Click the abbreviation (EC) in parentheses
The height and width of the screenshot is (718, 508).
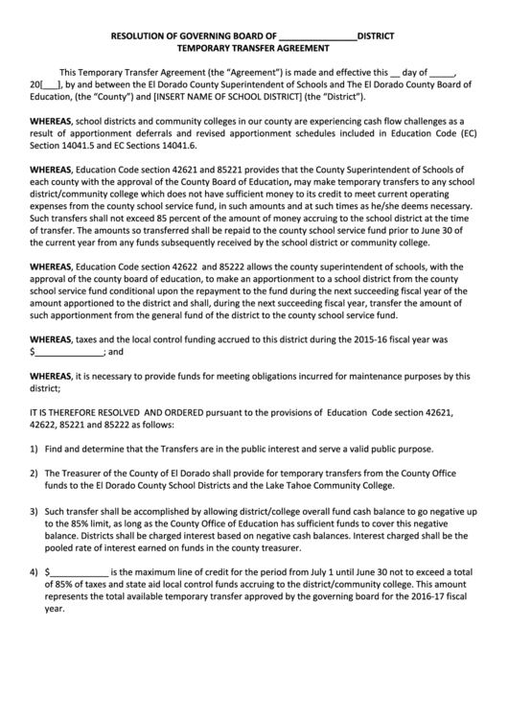click(464, 133)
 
